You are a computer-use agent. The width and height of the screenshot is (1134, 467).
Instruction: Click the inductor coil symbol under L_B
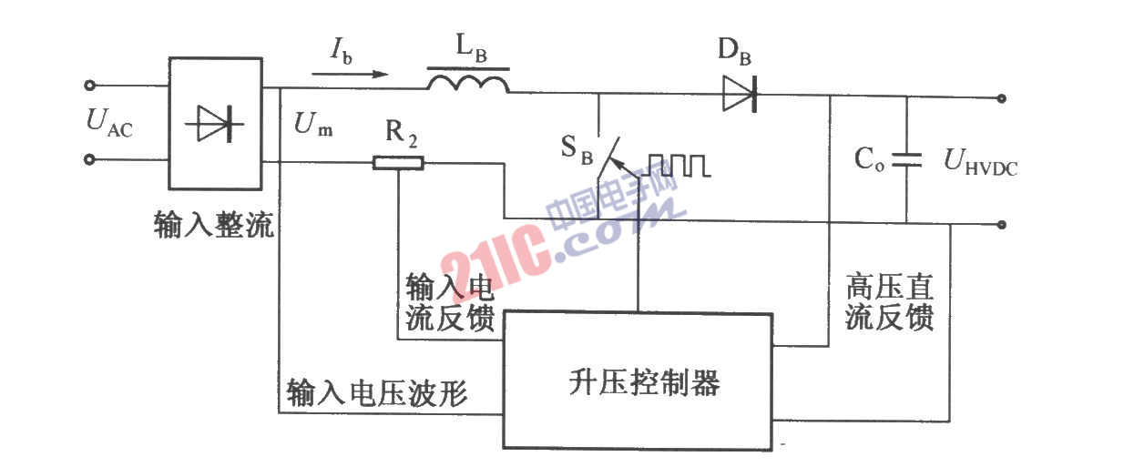(x=468, y=84)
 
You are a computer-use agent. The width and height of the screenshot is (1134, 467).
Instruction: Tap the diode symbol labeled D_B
(x=740, y=94)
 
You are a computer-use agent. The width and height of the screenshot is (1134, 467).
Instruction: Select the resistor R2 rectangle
(x=398, y=163)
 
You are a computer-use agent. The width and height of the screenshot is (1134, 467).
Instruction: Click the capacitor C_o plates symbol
(x=906, y=160)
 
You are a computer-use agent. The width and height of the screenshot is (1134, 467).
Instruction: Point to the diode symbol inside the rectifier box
(x=214, y=123)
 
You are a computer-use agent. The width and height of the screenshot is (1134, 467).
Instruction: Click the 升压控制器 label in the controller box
(x=644, y=382)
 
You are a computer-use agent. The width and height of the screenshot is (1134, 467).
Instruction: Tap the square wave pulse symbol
(x=679, y=166)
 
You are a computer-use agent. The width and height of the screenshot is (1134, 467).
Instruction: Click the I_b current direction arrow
(x=350, y=75)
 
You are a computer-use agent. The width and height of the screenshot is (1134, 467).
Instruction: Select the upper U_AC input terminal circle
(x=89, y=85)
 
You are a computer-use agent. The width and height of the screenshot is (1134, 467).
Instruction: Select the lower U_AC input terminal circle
(x=89, y=160)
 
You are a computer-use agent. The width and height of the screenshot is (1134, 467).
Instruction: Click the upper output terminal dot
(x=1001, y=98)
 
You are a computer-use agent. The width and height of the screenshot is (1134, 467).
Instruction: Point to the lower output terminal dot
(x=1001, y=225)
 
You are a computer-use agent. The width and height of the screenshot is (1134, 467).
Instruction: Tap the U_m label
(x=312, y=124)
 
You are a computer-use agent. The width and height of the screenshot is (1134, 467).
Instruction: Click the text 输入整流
(x=214, y=224)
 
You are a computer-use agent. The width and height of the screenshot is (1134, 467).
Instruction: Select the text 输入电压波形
(x=377, y=392)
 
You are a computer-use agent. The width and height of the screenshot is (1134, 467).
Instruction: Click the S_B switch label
(x=577, y=149)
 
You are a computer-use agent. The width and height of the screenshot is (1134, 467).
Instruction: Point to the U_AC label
(x=109, y=123)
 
